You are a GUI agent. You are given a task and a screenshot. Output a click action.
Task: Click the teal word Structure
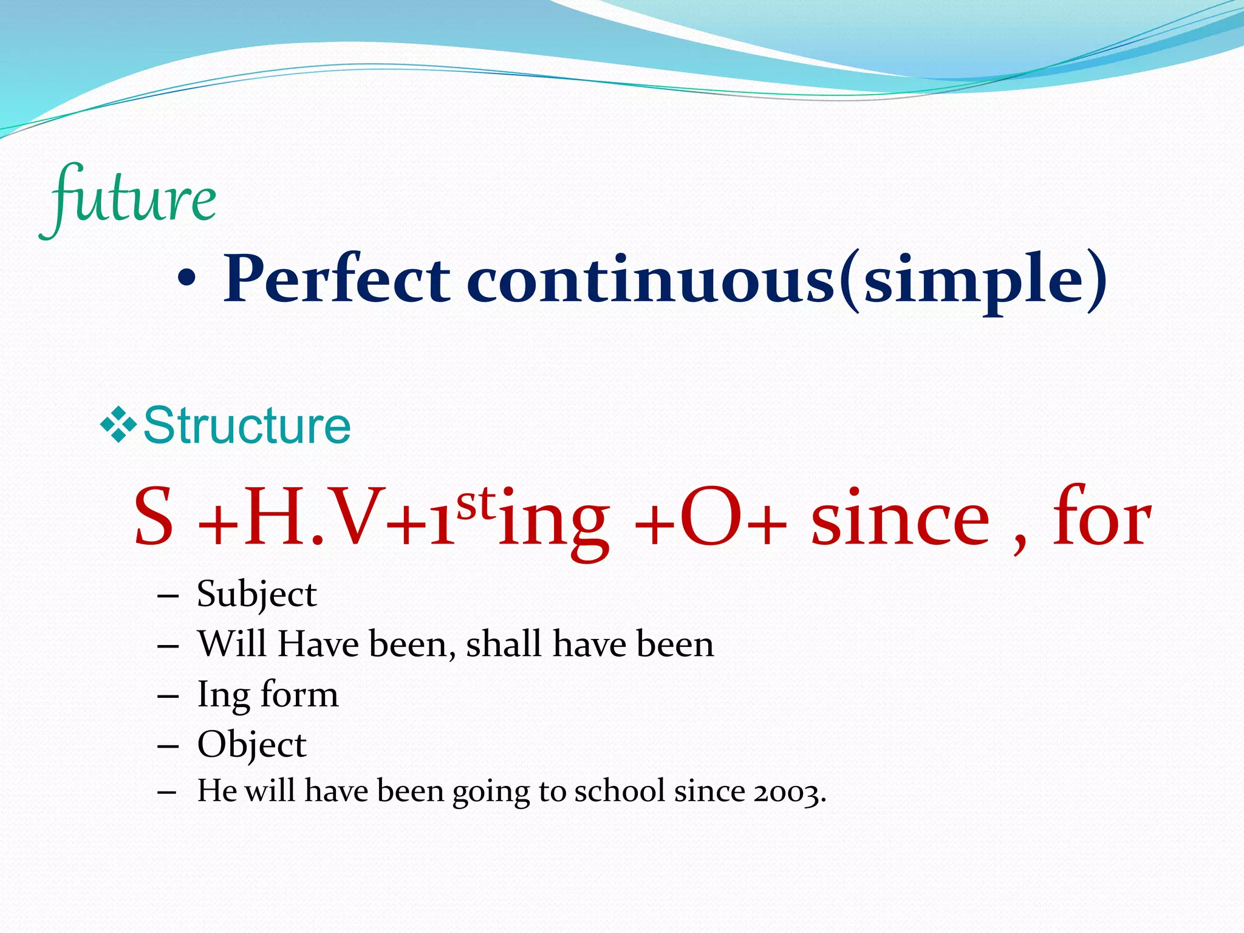click(247, 426)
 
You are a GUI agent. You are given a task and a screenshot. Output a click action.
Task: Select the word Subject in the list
click(256, 594)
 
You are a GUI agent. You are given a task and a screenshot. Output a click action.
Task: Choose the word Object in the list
click(251, 745)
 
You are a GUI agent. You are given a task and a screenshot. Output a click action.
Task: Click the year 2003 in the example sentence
click(787, 792)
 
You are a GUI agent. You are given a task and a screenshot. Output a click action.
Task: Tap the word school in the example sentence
click(620, 791)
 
